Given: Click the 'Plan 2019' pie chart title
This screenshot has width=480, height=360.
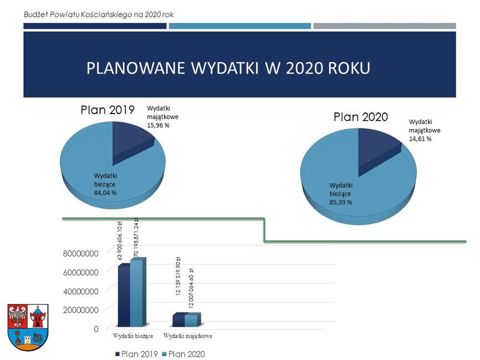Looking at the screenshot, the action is click(107, 110).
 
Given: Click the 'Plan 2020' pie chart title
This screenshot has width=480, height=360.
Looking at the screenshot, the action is click(360, 117).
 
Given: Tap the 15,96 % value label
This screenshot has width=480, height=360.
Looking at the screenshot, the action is click(158, 125).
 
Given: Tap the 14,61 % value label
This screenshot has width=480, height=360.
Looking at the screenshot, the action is click(420, 138).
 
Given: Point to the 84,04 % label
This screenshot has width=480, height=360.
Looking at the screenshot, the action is click(105, 193).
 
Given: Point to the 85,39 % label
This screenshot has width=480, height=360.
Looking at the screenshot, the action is click(340, 202).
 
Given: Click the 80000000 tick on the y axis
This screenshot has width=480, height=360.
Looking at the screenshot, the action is click(81, 254).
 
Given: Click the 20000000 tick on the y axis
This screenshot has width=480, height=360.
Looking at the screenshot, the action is click(81, 310).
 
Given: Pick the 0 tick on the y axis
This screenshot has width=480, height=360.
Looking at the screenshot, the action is click(96, 329).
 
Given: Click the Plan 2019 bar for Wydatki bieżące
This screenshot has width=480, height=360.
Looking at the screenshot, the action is click(124, 295).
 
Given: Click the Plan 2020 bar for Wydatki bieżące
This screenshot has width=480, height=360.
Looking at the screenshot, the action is click(137, 292).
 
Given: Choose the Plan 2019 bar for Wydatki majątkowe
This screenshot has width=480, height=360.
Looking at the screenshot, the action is click(178, 320).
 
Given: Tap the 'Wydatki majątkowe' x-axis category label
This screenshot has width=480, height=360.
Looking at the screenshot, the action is click(188, 336).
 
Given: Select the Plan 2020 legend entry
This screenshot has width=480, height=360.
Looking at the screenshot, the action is click(183, 354).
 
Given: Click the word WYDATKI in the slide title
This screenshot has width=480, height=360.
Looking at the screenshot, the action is click(225, 68).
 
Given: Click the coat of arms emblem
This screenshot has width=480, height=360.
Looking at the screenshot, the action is click(28, 327).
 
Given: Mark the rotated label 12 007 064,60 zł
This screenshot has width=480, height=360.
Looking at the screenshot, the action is click(191, 288).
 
